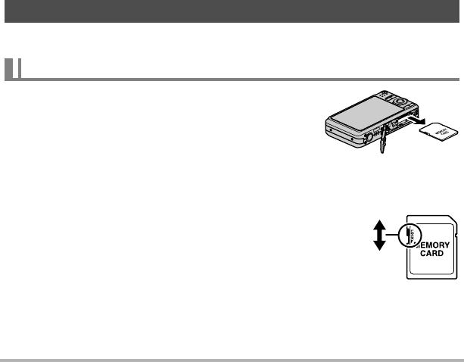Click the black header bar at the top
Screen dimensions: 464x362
(232, 13)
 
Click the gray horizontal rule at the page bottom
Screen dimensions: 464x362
(232, 359)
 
